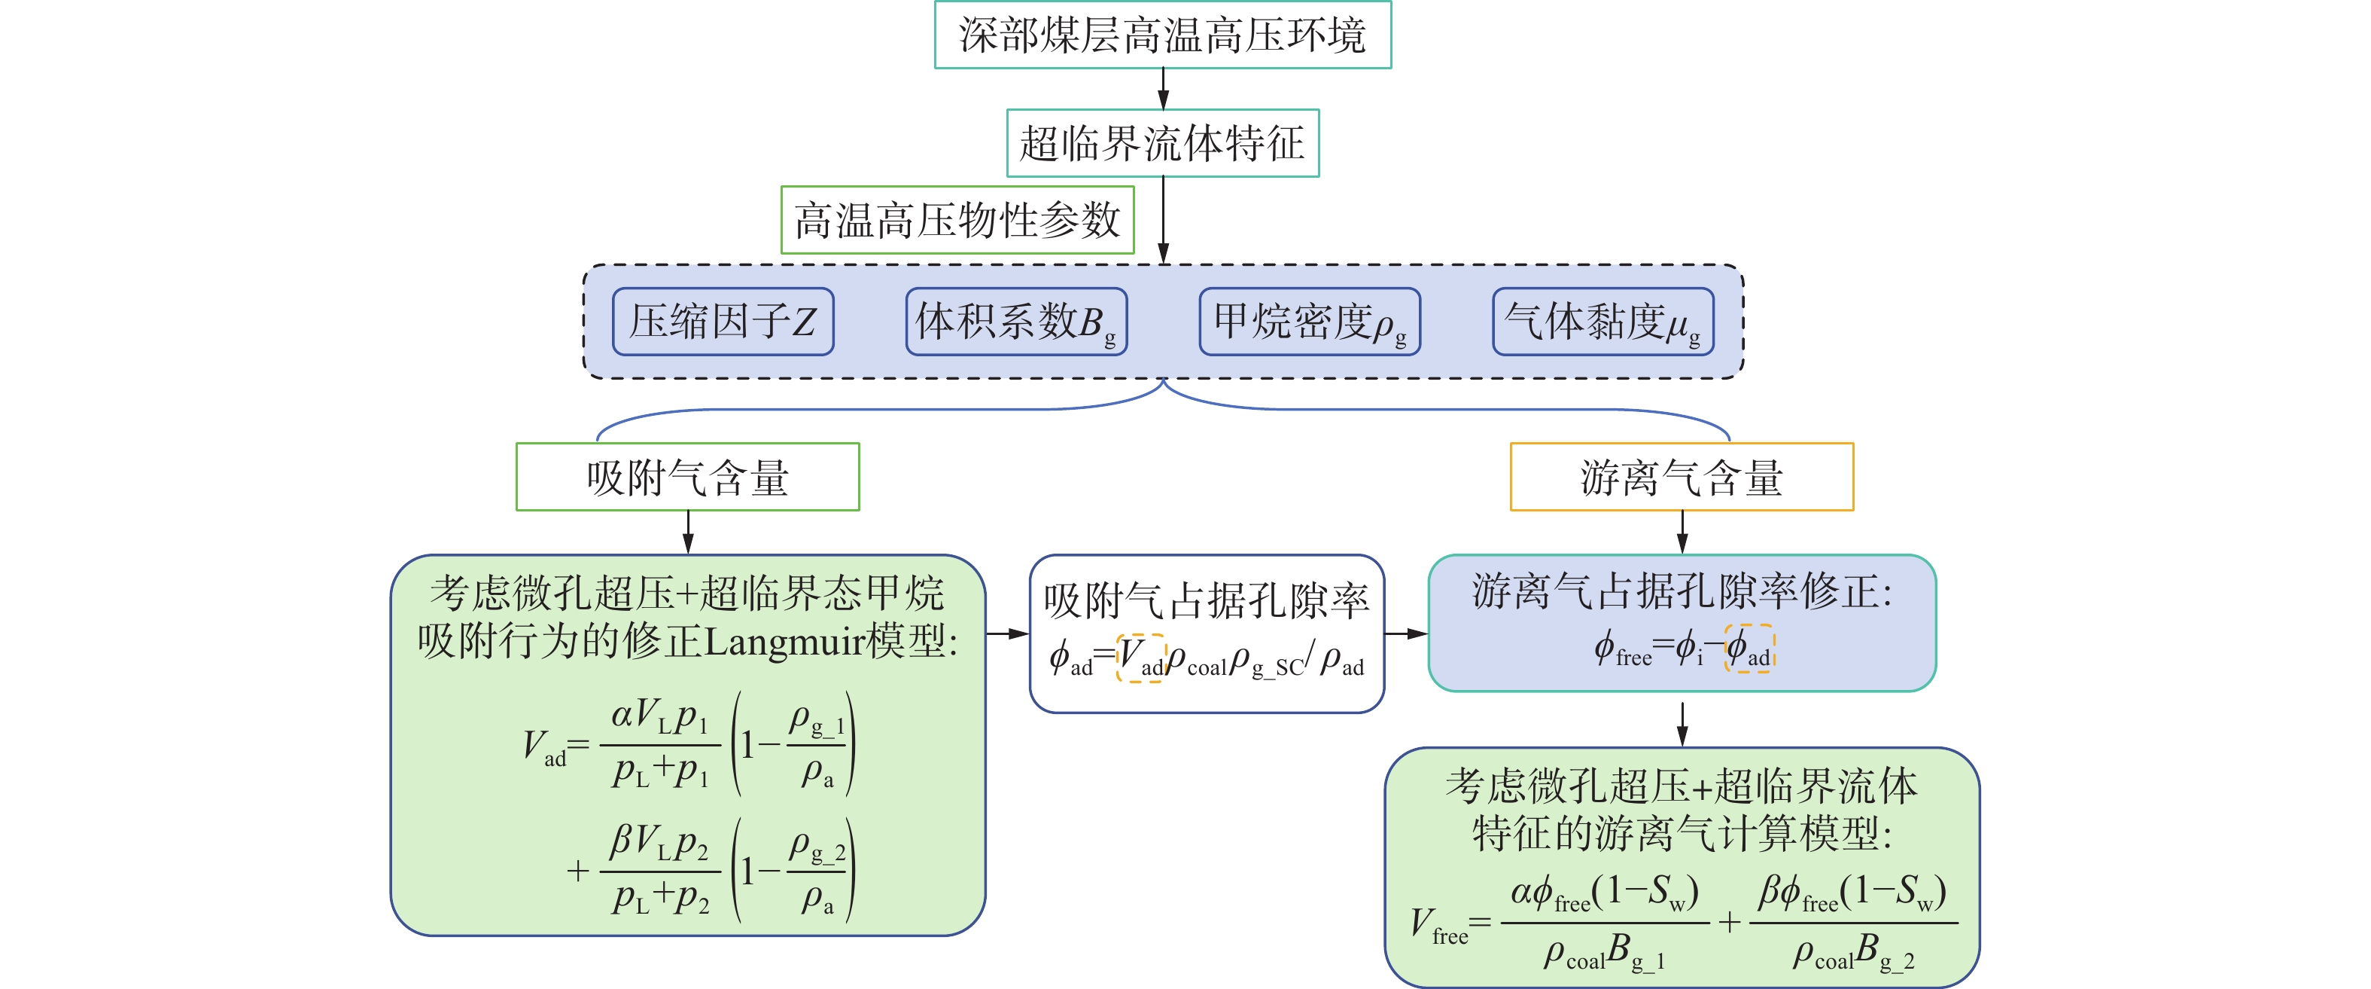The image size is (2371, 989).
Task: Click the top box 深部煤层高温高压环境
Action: pos(1162,35)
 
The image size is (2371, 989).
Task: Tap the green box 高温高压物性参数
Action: pos(957,220)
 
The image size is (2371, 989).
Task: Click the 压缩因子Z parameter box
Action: pos(723,322)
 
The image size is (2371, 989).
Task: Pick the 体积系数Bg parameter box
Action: pos(1016,322)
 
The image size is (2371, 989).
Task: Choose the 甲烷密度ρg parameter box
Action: pos(1309,322)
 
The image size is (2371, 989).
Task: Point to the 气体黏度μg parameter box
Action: pos(1602,322)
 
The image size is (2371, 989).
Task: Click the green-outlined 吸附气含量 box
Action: pos(687,477)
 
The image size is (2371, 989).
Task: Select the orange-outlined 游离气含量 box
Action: pos(1682,477)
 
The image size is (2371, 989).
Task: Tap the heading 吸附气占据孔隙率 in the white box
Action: pos(1207,601)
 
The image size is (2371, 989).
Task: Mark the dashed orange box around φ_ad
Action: pos(1749,649)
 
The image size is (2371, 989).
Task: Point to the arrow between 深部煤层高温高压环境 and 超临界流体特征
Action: pos(1164,88)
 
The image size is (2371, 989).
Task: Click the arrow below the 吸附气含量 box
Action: pos(687,533)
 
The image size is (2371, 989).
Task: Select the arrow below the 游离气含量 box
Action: pos(1682,533)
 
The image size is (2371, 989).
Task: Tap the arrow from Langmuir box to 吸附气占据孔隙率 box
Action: pos(1007,633)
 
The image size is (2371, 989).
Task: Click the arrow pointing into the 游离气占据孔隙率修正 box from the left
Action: pos(1405,633)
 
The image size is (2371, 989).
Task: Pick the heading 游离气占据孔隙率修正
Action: pos(1682,592)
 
